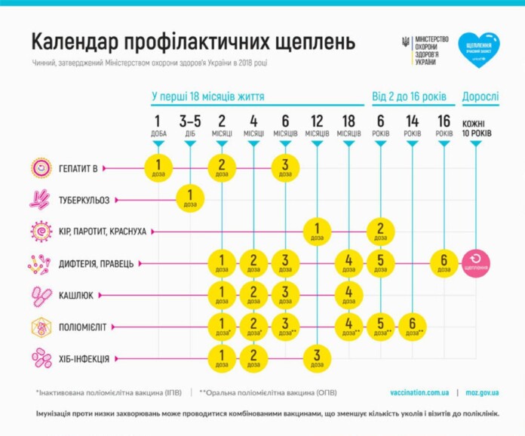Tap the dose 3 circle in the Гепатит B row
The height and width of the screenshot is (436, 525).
285,167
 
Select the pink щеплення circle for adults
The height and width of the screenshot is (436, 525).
476,263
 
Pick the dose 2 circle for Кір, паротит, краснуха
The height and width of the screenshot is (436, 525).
381,231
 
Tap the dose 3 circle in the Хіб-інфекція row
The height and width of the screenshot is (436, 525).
317,358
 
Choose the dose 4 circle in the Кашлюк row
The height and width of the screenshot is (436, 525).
348,295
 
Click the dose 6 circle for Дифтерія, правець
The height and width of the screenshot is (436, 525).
444,263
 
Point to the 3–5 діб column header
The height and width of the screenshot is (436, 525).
190,125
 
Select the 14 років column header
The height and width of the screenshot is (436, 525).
413,125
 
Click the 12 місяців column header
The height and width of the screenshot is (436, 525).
317,125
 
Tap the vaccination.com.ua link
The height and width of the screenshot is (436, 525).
420,393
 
